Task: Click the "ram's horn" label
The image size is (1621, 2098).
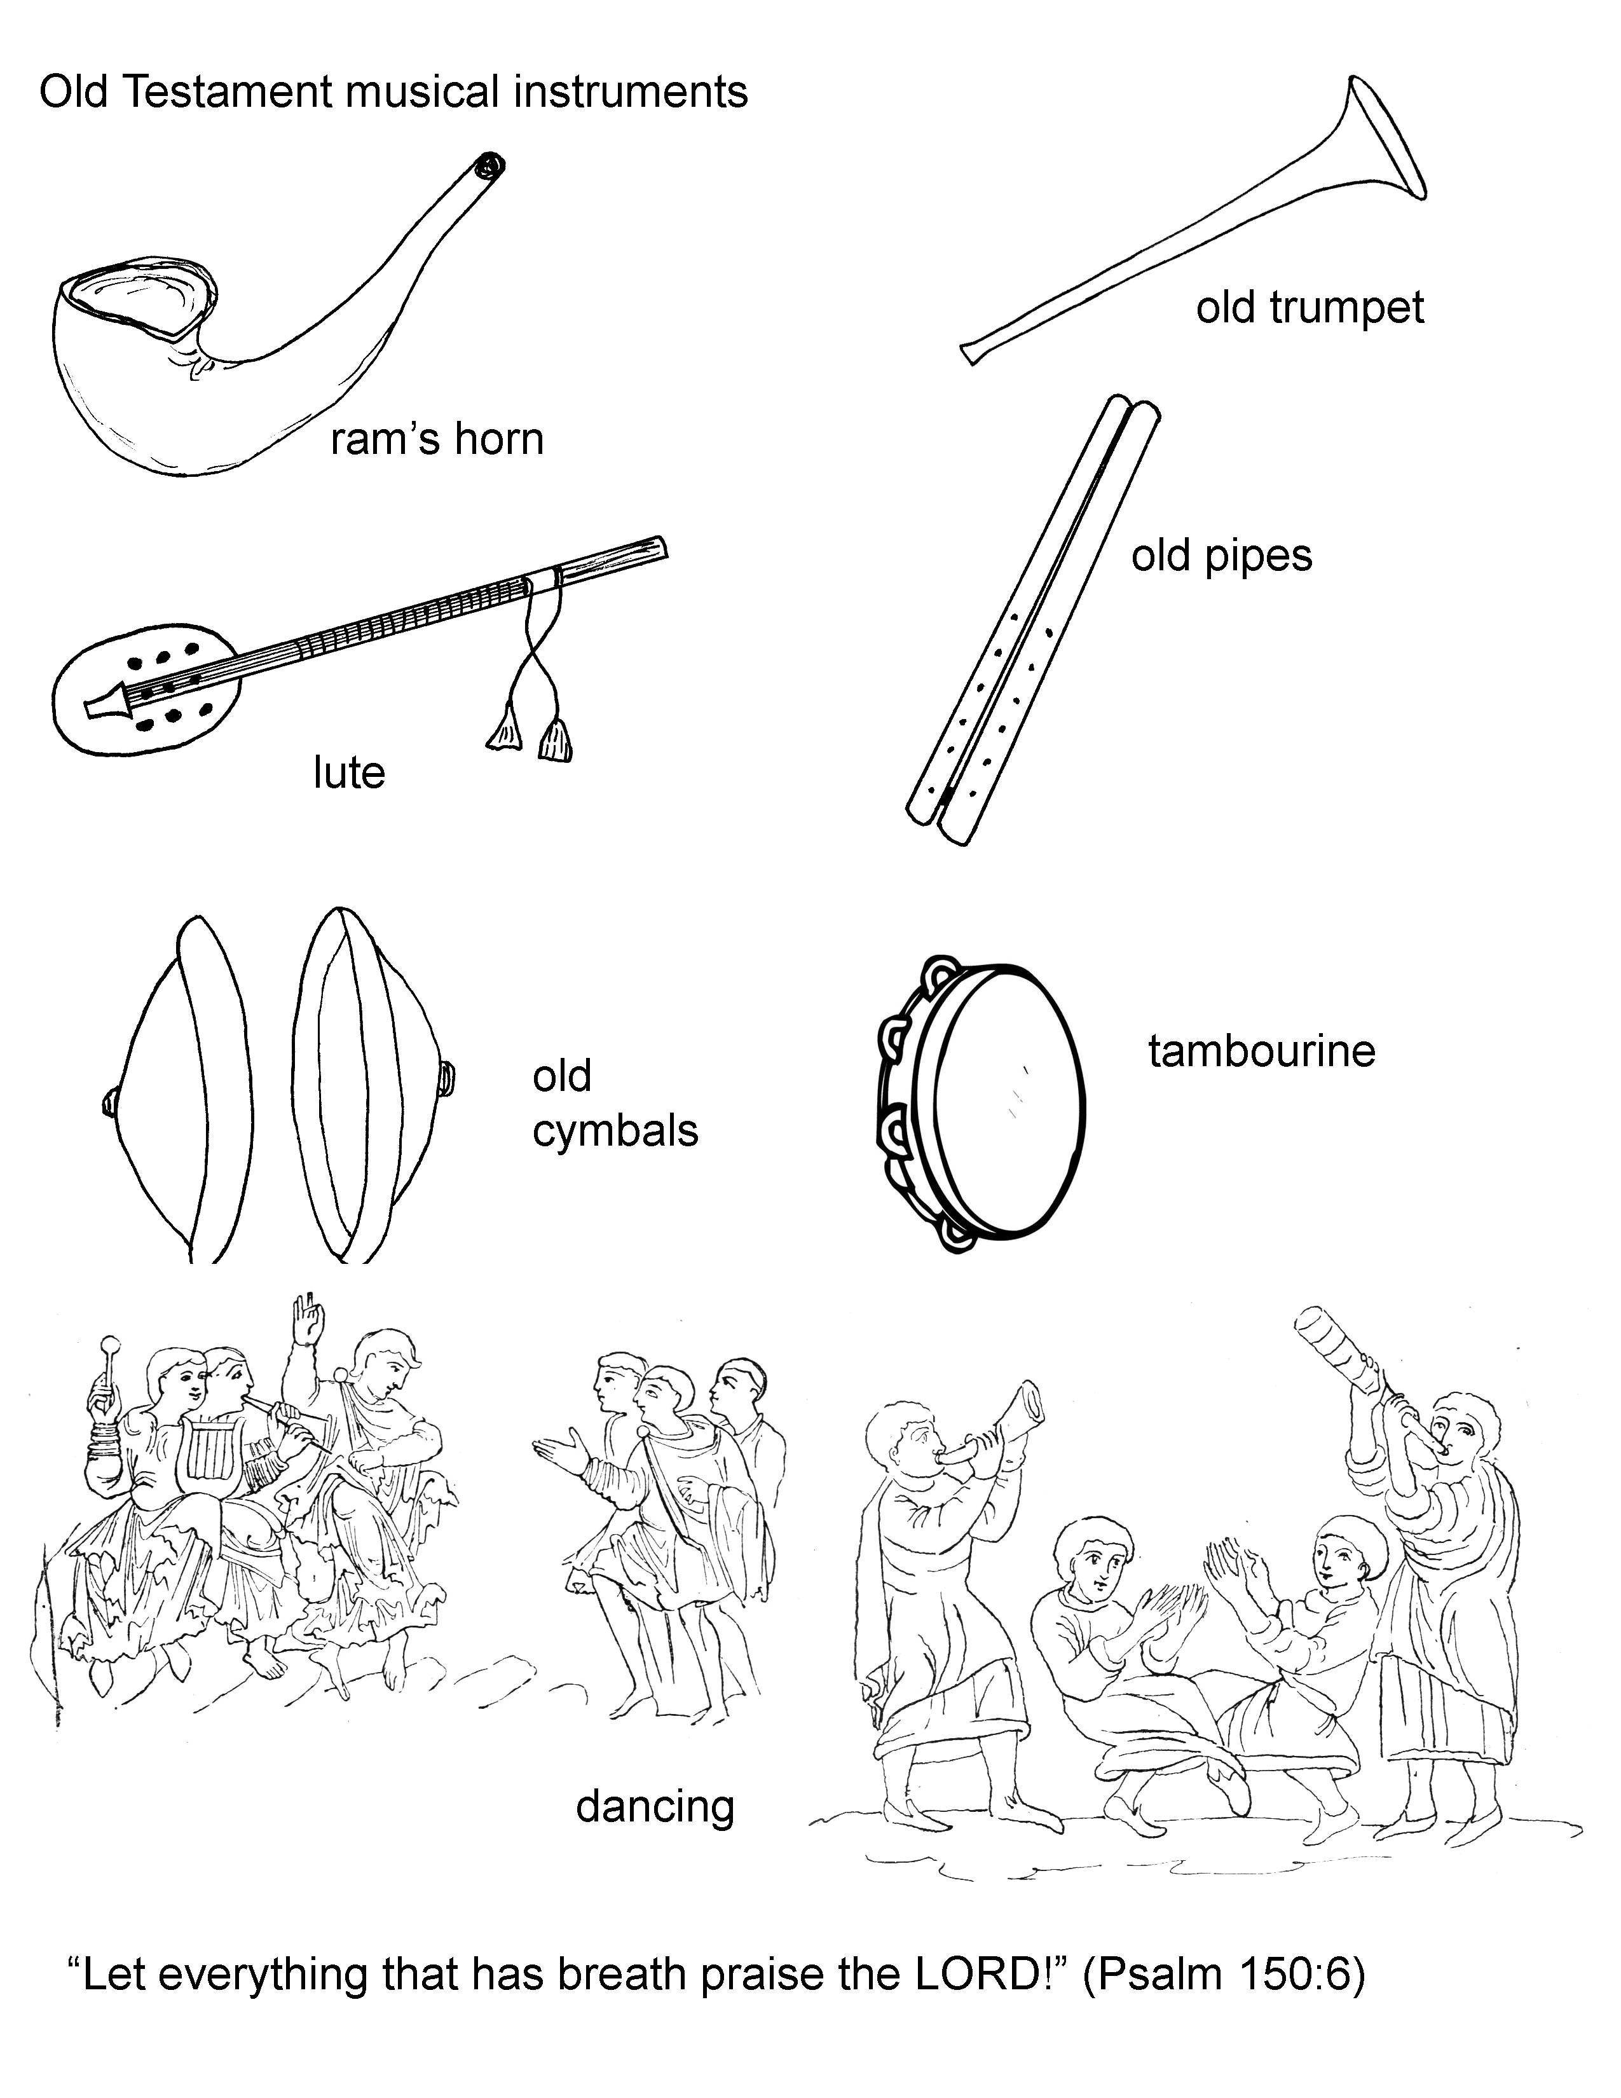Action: coord(437,440)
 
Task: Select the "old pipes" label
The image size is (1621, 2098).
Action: coord(1222,557)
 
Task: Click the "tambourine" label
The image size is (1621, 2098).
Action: coord(1262,1051)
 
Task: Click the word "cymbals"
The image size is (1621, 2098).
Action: coord(615,1130)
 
